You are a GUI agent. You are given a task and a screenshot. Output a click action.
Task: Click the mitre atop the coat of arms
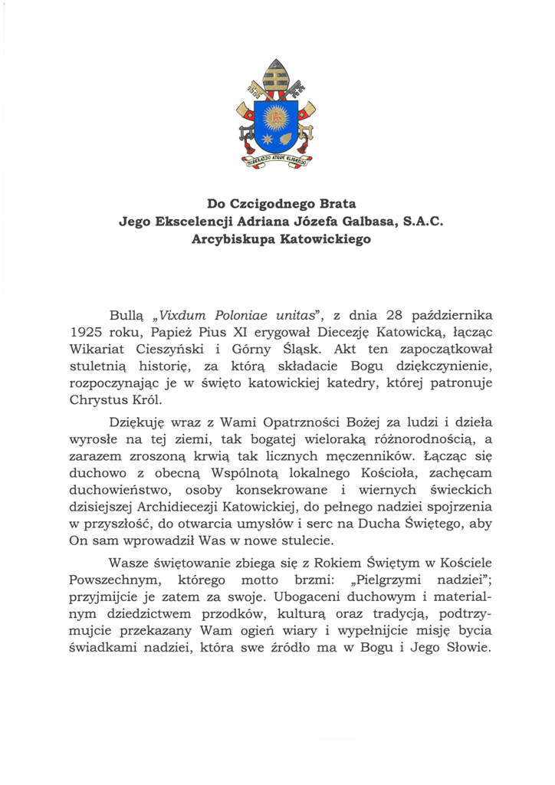coord(277,76)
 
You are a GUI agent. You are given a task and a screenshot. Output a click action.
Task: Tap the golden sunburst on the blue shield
coord(277,117)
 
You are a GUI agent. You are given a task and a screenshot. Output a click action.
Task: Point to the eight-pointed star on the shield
coord(267,140)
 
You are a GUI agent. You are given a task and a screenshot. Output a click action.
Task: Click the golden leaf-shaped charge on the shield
coord(289,140)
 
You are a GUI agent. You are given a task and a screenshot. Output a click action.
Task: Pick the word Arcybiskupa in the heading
coord(232,239)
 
